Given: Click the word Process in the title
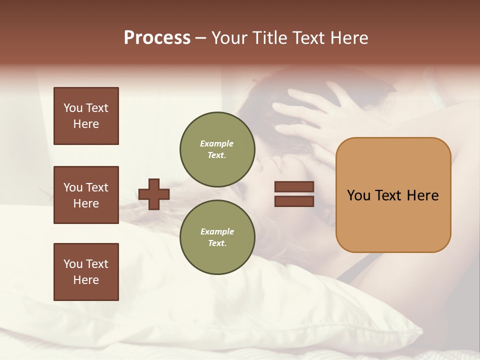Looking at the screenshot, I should tap(157, 38).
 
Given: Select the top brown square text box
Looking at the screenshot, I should tap(86, 116).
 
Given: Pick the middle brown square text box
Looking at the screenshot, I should tap(86, 195).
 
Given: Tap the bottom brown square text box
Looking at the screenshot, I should tap(86, 272).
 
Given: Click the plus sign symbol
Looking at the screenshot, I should tap(154, 194).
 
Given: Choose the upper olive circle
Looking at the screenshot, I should tap(217, 149).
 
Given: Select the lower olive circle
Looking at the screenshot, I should tap(217, 237).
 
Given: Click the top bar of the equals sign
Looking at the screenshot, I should tap(294, 187).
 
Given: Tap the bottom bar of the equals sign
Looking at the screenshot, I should tap(294, 201).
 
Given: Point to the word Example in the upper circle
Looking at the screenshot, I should tap(217, 143).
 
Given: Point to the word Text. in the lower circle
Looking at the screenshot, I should tap(217, 243).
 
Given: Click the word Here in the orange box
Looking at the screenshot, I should tap(422, 195).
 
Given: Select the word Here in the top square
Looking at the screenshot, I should tap(86, 124).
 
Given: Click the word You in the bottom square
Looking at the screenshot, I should tap(73, 264).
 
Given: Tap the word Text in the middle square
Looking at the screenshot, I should tap(97, 187).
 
